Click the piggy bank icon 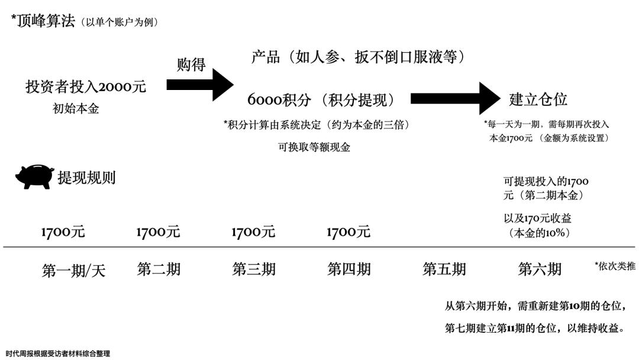pos(35,176)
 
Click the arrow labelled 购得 pos(200,85)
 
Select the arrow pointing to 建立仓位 pos(455,98)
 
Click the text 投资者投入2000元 pos(86,86)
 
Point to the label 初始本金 pos(76,108)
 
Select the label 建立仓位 pos(538,99)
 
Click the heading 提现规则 pos(86,178)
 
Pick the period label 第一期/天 pos(73,271)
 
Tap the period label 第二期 pos(159,269)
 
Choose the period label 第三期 pos(254,269)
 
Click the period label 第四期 pos(349,269)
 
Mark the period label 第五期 pos(444,269)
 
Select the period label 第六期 pos(540,269)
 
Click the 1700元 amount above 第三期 pos(253,232)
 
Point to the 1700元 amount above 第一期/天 pos(63,232)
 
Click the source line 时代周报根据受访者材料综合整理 pos(58,353)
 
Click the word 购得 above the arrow pos(191,65)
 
